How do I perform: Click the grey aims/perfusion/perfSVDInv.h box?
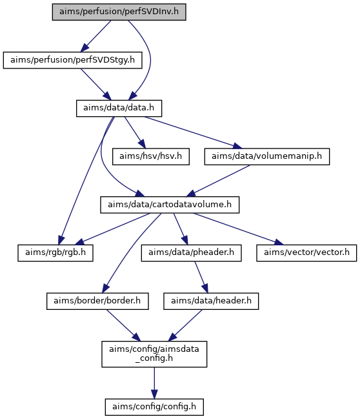click(x=119, y=12)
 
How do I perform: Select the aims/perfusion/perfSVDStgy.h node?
click(x=73, y=60)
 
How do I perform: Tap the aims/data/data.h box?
click(x=119, y=108)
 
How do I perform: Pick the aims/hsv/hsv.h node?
click(x=151, y=157)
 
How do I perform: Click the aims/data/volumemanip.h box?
click(x=267, y=157)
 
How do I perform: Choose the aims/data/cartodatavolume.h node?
click(x=170, y=205)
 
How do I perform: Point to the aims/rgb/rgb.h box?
click(x=55, y=253)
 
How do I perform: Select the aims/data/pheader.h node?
click(x=191, y=253)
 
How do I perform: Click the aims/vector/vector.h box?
click(x=306, y=253)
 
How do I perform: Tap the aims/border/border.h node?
click(x=97, y=301)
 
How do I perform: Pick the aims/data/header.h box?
click(x=211, y=301)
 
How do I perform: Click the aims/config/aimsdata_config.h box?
click(x=154, y=354)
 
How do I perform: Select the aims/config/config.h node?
click(x=154, y=407)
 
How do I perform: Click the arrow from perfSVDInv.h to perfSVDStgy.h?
click(x=95, y=36)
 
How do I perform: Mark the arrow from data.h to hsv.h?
click(x=135, y=132)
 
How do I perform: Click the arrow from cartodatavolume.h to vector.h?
click(x=239, y=229)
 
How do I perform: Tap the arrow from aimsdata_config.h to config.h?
click(x=154, y=383)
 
